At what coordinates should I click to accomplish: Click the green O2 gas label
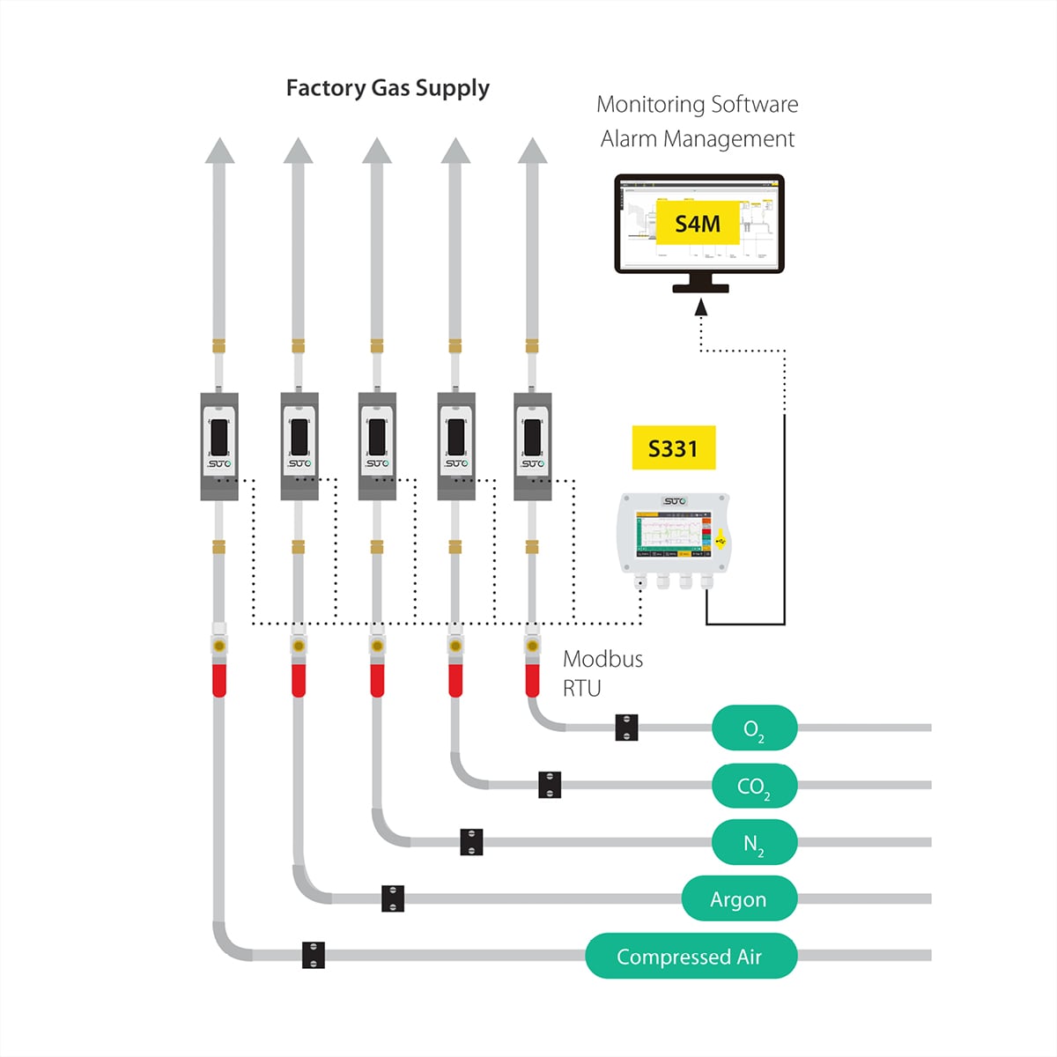pyautogui.click(x=754, y=728)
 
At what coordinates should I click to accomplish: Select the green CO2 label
pyautogui.click(x=754, y=786)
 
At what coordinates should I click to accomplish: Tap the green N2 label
pyautogui.click(x=754, y=843)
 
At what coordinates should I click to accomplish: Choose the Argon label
pyautogui.click(x=739, y=899)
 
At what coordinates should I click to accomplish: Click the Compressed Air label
pyautogui.click(x=691, y=957)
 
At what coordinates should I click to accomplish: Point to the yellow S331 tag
pyautogui.click(x=673, y=448)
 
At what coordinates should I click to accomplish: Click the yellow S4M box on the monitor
pyautogui.click(x=698, y=224)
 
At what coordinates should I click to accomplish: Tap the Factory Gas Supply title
pyautogui.click(x=388, y=88)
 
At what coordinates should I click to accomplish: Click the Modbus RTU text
pyautogui.click(x=602, y=673)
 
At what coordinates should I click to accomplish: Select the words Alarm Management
pyautogui.click(x=698, y=139)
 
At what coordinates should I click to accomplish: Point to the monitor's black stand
pyautogui.click(x=700, y=283)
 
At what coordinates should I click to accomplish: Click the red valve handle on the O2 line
pyautogui.click(x=533, y=680)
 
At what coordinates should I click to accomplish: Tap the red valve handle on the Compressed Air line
pyautogui.click(x=219, y=680)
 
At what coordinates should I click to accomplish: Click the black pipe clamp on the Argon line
pyautogui.click(x=393, y=898)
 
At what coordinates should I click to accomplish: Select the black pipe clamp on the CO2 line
pyautogui.click(x=550, y=785)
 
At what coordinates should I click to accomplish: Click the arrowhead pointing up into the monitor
pyautogui.click(x=701, y=307)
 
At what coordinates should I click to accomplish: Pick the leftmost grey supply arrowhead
pyautogui.click(x=219, y=151)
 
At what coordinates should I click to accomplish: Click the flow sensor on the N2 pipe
pyautogui.click(x=377, y=446)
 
